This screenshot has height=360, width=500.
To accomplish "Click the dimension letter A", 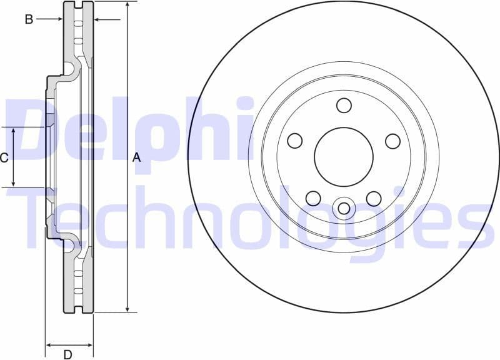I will point(137,158).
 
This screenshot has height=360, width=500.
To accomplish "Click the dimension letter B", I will point(29,19).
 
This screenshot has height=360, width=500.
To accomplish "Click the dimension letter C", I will point(4,158).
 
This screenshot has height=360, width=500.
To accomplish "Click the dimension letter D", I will point(67,355).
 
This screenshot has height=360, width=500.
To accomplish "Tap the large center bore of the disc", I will point(343,157).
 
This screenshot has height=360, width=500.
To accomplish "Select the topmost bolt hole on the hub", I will point(344,105).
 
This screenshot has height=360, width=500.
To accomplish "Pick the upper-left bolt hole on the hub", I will point(294,141).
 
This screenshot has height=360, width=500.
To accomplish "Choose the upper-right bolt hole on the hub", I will point(392,141).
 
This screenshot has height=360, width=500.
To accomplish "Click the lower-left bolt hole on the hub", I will point(313,199).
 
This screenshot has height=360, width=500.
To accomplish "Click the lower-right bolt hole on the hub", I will point(374,199).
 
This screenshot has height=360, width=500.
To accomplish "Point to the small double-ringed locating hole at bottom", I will point(343,208).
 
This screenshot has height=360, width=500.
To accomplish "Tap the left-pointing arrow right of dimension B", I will point(97,19).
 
